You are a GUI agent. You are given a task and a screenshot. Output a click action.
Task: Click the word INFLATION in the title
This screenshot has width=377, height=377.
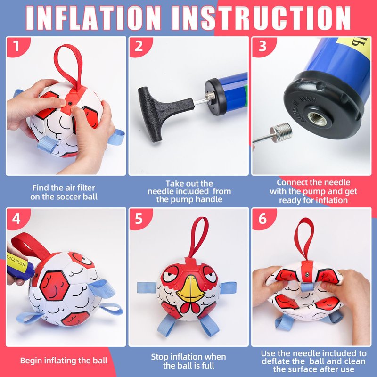click(93, 18)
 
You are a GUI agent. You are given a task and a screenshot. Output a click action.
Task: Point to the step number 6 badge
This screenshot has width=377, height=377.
click(262, 219)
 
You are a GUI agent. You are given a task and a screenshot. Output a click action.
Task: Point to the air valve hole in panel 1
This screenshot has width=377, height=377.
click(70, 103)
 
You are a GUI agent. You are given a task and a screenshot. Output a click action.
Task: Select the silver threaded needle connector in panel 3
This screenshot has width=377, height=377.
click(280, 133)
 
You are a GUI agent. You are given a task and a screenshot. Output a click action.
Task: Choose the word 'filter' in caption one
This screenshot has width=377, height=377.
click(86, 188)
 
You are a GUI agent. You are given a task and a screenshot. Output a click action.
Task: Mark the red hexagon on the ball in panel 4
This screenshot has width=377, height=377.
click(54, 286)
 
